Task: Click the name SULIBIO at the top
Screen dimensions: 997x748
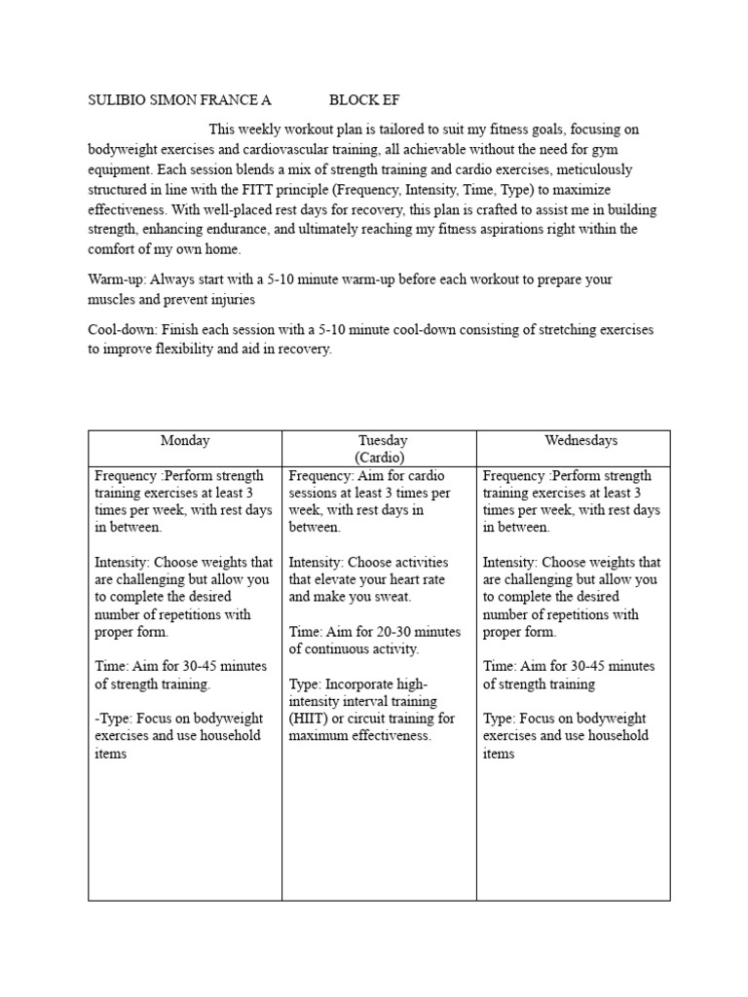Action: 118,100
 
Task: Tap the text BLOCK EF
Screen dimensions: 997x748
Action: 364,100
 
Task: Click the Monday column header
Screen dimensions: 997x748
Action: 185,441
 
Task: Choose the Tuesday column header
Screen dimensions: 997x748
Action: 382,441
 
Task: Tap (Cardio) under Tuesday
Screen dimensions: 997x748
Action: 380,457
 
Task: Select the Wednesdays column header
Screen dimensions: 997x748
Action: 580,441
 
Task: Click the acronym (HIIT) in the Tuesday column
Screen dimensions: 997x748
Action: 312,719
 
